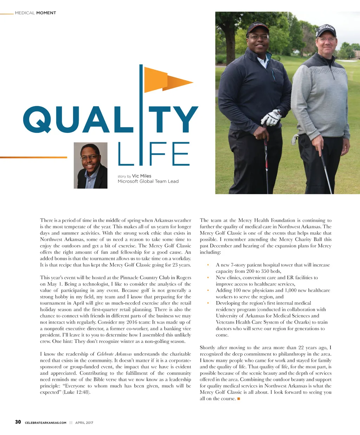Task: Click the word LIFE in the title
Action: pyautogui.click(x=154, y=154)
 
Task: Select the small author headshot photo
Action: pyautogui.click(x=90, y=165)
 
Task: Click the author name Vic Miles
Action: pyautogui.click(x=142, y=176)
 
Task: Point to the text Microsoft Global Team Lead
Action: pyautogui.click(x=148, y=181)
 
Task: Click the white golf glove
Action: pyautogui.click(x=272, y=118)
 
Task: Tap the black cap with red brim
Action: pyautogui.click(x=258, y=28)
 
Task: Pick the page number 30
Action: pyautogui.click(x=18, y=422)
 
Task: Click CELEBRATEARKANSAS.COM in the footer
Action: pyautogui.click(x=46, y=423)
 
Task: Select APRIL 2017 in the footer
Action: pyautogui.click(x=84, y=423)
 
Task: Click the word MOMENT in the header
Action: pyautogui.click(x=46, y=13)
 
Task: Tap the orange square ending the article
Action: pyautogui.click(x=239, y=398)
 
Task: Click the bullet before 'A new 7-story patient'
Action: pyautogui.click(x=208, y=265)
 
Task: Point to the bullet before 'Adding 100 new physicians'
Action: pyautogui.click(x=208, y=290)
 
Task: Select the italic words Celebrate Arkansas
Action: pyautogui.click(x=114, y=354)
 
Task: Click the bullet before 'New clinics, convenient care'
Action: pyautogui.click(x=208, y=278)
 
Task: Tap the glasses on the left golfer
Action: pyautogui.click(x=258, y=37)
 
